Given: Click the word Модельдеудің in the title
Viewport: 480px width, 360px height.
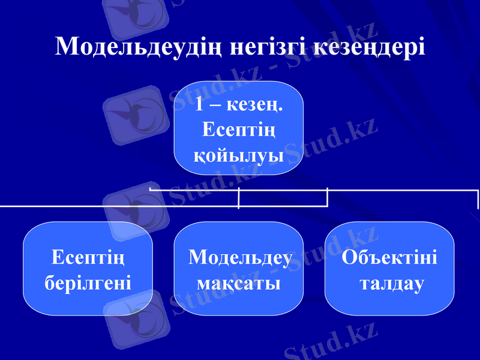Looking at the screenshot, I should pyautogui.click(x=140, y=47).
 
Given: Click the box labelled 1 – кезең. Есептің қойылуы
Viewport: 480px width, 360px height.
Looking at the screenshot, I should pyautogui.click(x=239, y=128).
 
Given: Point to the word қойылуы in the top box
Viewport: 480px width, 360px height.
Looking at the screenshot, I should pyautogui.click(x=239, y=155).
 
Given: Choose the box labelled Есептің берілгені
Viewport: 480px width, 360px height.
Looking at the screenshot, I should pyautogui.click(x=88, y=268).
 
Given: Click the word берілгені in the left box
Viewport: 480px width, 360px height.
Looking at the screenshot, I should pyautogui.click(x=88, y=281).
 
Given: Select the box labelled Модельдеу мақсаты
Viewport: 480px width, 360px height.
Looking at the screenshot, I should pyautogui.click(x=239, y=268).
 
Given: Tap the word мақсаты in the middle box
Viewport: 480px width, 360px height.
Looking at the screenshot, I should pyautogui.click(x=238, y=281).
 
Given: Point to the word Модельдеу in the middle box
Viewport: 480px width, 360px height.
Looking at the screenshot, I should pyautogui.click(x=240, y=257).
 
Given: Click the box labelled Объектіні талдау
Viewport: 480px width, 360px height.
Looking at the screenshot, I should pyautogui.click(x=389, y=268).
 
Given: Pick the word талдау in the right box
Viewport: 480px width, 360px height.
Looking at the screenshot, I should pyautogui.click(x=391, y=281).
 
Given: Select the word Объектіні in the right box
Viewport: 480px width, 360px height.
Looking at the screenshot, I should pyautogui.click(x=389, y=257).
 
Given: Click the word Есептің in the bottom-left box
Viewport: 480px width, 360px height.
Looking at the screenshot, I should pyautogui.click(x=88, y=257).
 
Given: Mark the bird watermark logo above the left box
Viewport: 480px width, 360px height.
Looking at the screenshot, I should pyautogui.click(x=135, y=207).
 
